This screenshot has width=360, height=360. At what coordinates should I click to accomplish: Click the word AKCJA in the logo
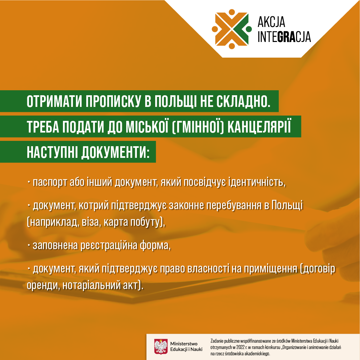tap(271, 22)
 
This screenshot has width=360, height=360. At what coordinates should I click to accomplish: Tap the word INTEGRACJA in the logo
tap(284, 37)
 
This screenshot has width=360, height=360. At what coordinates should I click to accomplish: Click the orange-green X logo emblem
tap(232, 29)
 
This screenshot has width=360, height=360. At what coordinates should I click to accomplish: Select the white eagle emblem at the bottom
tap(161, 346)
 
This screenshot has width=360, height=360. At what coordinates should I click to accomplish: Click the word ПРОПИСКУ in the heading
tap(113, 101)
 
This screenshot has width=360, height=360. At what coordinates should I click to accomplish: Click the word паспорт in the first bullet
tap(50, 182)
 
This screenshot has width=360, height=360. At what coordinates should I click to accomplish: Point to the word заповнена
tap(55, 245)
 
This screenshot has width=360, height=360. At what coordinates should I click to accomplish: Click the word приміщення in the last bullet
tap(270, 269)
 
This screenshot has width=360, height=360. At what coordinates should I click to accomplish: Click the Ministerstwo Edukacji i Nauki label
tap(186, 346)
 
